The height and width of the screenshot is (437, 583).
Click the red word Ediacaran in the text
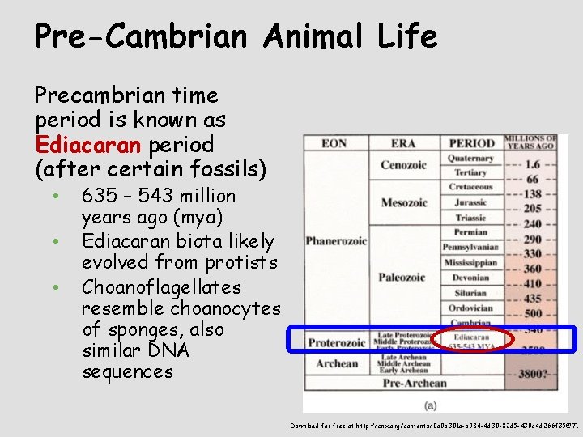[x=84, y=145]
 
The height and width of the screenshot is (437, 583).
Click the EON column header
[x=334, y=143]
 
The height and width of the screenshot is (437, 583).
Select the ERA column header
[x=402, y=143]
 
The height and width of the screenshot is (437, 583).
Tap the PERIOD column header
[x=471, y=143]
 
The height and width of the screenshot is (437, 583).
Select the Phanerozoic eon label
[x=336, y=241]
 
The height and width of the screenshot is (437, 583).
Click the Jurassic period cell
[x=470, y=202]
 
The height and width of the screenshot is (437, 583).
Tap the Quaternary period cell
[x=470, y=159]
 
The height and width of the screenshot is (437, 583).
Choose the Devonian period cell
[x=470, y=278]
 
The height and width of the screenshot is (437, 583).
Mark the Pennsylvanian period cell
[x=470, y=248]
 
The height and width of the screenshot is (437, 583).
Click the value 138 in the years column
[x=532, y=194]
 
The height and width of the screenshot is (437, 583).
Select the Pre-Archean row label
[x=414, y=383]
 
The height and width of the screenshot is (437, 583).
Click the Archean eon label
[x=336, y=363]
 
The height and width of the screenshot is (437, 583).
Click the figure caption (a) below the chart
[x=431, y=403]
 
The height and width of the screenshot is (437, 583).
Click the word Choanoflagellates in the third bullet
[x=161, y=287]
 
